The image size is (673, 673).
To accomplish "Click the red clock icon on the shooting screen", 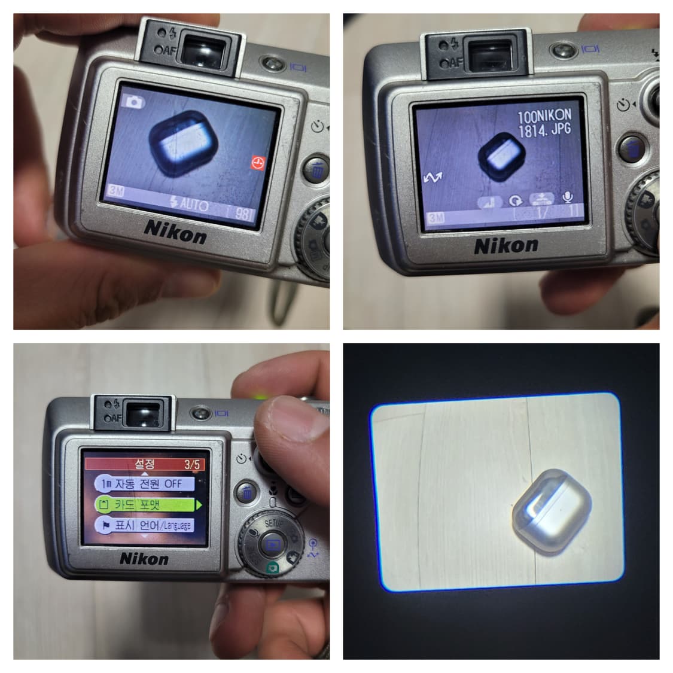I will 257,163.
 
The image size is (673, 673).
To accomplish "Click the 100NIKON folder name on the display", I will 544,115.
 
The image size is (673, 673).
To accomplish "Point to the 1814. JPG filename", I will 544,130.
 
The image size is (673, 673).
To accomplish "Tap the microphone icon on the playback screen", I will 567,198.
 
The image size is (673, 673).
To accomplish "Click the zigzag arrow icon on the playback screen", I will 433,177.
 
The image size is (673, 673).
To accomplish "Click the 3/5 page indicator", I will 193,464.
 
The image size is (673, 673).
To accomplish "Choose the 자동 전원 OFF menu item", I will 144,484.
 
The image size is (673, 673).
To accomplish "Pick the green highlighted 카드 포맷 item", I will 144,505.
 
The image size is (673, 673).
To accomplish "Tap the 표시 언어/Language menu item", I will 144,525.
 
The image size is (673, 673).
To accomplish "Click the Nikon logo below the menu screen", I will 144,559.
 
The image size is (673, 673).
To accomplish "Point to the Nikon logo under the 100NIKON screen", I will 505,245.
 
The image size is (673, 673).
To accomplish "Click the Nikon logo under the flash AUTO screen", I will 175,231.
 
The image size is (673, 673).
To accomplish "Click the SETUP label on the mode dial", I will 274,523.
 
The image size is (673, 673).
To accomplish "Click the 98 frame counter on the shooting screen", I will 242,214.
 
